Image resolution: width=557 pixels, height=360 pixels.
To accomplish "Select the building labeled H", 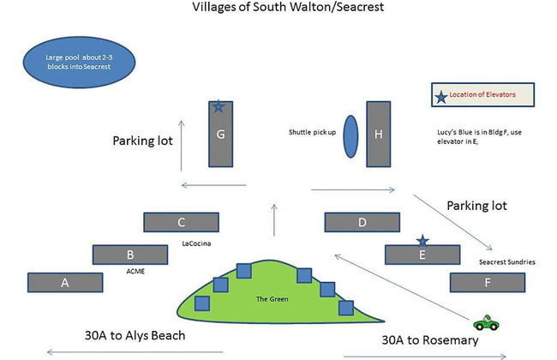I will (379, 135).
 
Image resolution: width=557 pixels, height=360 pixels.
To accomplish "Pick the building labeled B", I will (130, 255).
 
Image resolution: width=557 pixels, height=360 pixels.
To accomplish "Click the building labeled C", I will (182, 223).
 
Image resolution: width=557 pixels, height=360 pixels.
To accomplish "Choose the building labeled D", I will (362, 223).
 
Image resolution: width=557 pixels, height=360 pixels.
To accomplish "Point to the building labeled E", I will (421, 255).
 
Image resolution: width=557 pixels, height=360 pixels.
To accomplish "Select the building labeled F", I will (487, 283).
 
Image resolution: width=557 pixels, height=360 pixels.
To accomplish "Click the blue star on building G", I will (219, 107).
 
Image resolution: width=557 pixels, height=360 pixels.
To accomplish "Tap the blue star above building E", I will (421, 241).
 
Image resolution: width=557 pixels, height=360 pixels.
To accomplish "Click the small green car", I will (485, 323).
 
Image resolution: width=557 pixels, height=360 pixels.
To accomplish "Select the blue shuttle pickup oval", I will (350, 135).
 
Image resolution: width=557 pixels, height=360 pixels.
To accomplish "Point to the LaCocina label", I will (197, 243).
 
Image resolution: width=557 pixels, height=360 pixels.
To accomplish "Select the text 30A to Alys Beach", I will (135, 334).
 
